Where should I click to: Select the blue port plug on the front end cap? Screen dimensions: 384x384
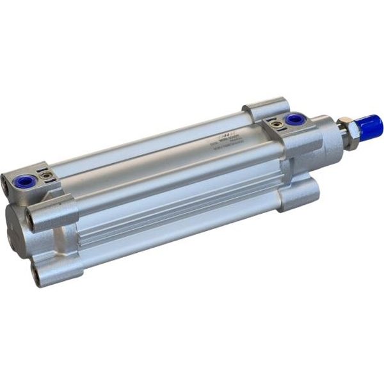[294, 120]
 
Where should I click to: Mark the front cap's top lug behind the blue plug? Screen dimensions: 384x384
[266, 106]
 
